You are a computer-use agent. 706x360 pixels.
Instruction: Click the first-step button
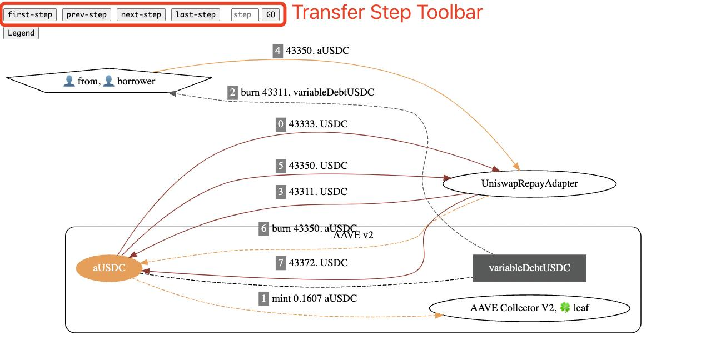[x=30, y=14]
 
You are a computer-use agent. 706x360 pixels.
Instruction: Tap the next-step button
[x=141, y=14]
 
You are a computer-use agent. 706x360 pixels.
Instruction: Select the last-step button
[x=196, y=14]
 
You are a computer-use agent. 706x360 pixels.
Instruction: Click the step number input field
[x=245, y=14]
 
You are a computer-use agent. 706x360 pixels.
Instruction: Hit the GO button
[x=271, y=14]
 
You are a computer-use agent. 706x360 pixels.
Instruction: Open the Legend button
[x=21, y=33]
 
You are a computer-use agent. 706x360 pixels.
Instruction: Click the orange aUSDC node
[x=110, y=268]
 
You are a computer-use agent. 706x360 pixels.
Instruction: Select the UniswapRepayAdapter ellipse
[x=529, y=183]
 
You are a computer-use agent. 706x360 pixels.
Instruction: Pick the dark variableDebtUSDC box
[x=529, y=268]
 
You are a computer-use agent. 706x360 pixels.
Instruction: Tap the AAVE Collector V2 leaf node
[x=529, y=308]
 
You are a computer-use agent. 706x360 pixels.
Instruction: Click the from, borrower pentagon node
[x=109, y=81]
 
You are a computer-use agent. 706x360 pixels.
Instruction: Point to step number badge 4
[x=278, y=51]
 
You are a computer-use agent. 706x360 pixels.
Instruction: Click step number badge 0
[x=281, y=124]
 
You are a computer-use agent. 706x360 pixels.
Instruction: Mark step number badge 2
[x=232, y=92]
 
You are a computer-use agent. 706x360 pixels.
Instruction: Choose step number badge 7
[x=281, y=263]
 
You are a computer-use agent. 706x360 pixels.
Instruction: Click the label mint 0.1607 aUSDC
[x=314, y=298]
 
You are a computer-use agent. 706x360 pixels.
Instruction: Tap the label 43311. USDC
[x=318, y=192]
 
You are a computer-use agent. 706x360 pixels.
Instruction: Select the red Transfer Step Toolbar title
[x=387, y=12]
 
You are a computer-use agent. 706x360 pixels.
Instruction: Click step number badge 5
[x=281, y=166]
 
